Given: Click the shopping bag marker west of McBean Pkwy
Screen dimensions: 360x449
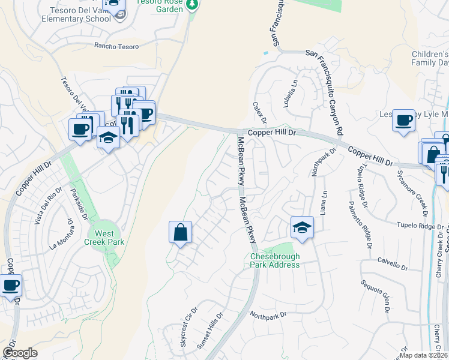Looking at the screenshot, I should pos(180,233).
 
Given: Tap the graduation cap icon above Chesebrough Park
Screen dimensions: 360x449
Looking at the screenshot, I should pos(302,228).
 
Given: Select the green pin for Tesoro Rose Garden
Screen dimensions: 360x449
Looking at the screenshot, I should pos(192,4).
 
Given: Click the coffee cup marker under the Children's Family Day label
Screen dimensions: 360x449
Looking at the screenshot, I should pos(403,119).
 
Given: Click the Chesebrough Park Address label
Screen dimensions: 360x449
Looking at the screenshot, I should pos(275,260).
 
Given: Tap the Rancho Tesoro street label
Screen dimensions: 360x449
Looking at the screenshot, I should pos(116,46).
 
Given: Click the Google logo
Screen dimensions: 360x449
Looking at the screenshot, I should pos(20,353).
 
